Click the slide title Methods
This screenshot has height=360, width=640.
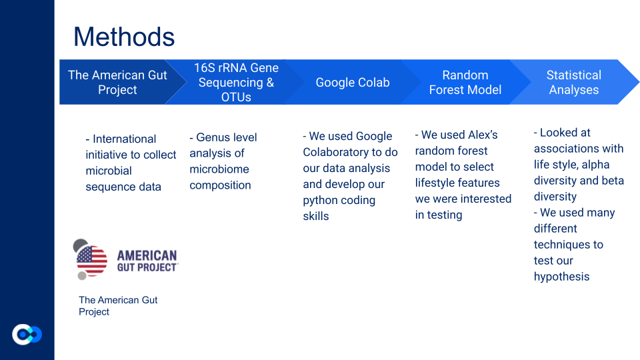[x=124, y=37]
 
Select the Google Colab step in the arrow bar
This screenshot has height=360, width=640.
[x=353, y=82]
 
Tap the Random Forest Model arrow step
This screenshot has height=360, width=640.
[x=465, y=82]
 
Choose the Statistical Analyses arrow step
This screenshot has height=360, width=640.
[x=574, y=82]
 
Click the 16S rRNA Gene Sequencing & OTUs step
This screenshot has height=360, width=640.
[x=236, y=82]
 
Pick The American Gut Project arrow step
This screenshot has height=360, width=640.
[x=117, y=82]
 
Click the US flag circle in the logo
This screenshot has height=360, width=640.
[x=92, y=261]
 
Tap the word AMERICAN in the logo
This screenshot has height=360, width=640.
[x=147, y=255]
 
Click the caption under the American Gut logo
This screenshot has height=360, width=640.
[x=118, y=306]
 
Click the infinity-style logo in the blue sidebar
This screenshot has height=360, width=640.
[x=27, y=335]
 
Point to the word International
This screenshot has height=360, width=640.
[x=124, y=139]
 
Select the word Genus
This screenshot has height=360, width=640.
[x=212, y=137]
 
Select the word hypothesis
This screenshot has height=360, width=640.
[x=561, y=277]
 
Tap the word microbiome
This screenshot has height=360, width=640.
[x=219, y=169]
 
